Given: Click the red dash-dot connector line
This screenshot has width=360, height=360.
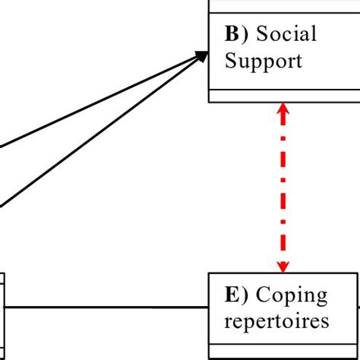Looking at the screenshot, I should [283, 190].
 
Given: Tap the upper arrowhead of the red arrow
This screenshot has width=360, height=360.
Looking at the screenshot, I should [283, 110].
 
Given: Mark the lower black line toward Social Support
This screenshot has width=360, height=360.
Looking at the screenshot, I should [99, 144].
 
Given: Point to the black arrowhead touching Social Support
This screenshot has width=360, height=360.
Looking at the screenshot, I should [201, 55].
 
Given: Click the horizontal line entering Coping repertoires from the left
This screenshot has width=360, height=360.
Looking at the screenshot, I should [106, 308].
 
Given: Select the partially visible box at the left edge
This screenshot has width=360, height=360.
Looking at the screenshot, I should [2, 308].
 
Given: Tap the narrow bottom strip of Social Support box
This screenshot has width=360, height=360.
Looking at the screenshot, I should [284, 95].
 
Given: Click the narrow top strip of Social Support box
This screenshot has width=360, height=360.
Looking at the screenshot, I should [284, 6].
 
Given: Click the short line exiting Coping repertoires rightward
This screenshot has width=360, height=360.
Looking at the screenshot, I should [357, 308].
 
